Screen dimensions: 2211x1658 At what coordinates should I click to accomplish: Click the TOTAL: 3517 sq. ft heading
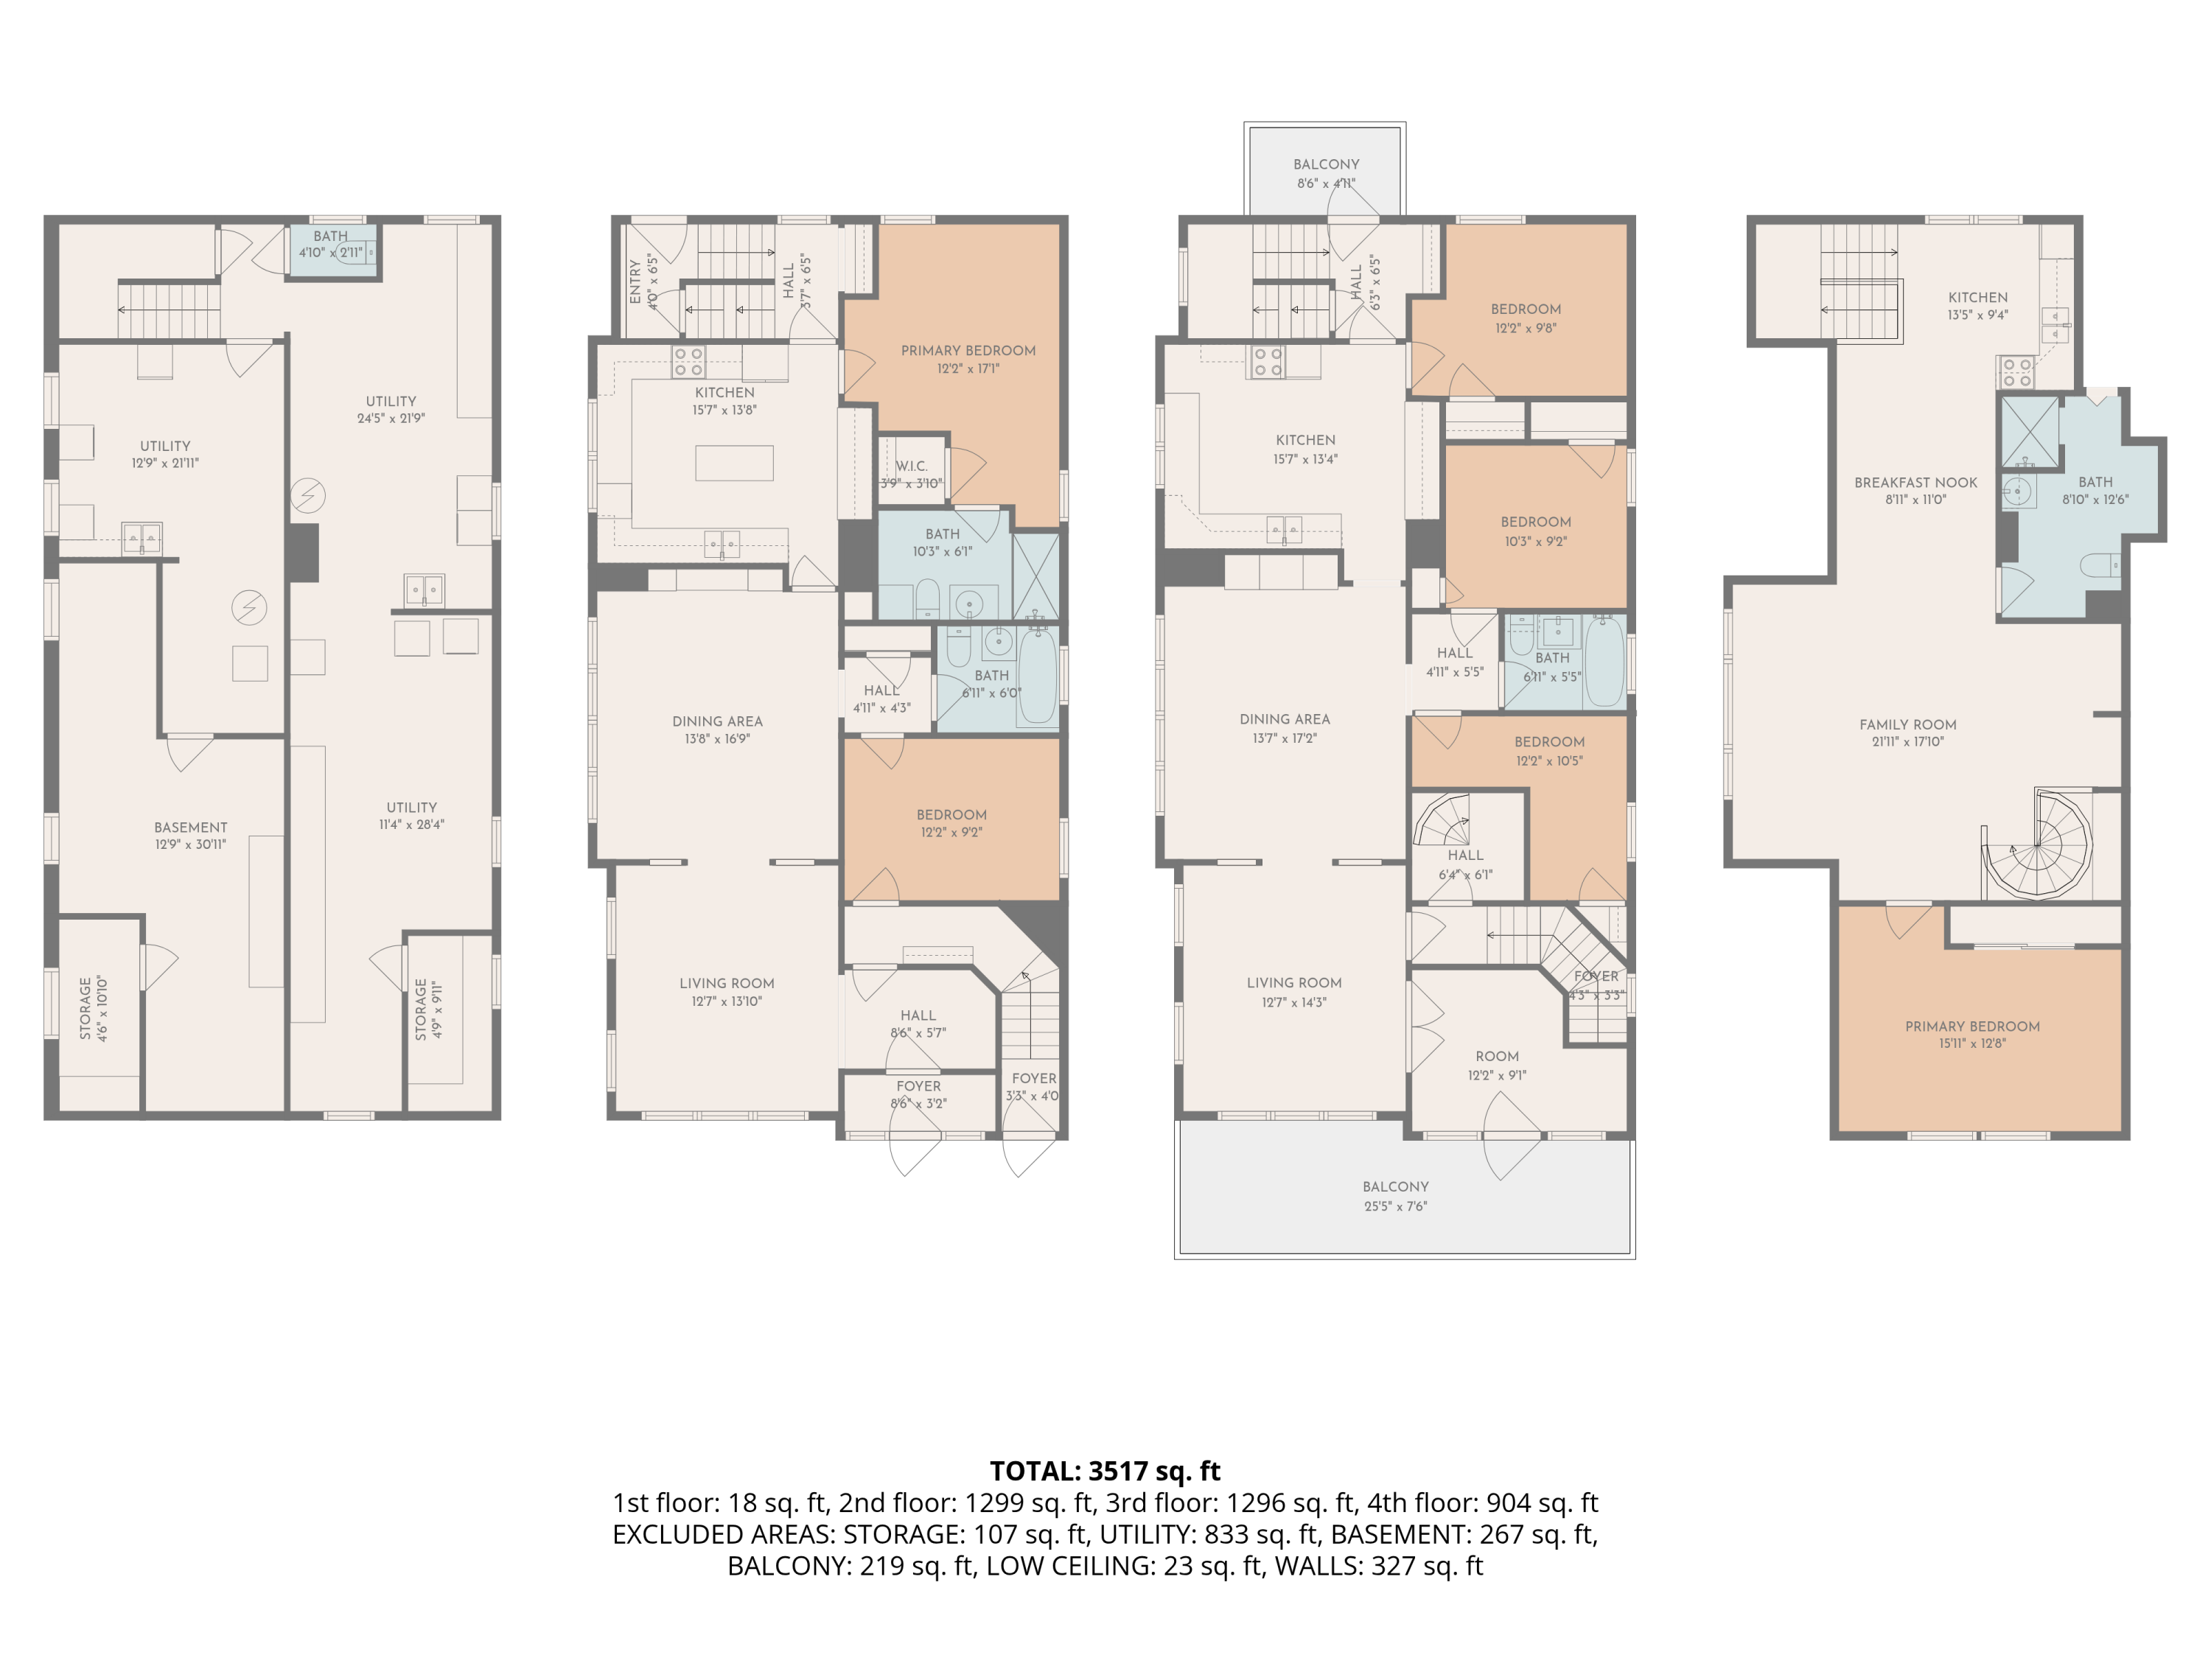(x=1105, y=1470)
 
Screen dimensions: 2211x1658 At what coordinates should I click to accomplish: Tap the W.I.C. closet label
(x=911, y=466)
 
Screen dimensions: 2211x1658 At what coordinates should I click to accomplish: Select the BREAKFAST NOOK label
(x=1915, y=483)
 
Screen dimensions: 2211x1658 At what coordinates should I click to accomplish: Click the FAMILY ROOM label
(x=1907, y=724)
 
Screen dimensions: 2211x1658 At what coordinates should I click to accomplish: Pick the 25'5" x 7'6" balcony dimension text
(x=1395, y=1206)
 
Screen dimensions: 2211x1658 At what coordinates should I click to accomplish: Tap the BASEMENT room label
(x=190, y=828)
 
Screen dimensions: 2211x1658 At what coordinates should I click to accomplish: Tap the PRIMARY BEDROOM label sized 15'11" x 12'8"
(x=1972, y=1026)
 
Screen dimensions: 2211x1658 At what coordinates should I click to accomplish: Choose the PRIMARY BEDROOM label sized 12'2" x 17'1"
(x=968, y=351)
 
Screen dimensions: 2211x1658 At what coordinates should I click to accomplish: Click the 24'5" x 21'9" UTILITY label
(x=390, y=401)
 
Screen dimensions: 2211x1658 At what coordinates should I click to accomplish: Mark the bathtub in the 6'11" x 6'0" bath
(x=1038, y=676)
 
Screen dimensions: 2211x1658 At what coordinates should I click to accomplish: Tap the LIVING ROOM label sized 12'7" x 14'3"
(x=1293, y=982)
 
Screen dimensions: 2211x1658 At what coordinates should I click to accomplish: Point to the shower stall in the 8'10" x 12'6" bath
(x=2029, y=433)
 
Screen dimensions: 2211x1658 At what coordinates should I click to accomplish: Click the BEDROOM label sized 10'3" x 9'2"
(x=1535, y=522)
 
